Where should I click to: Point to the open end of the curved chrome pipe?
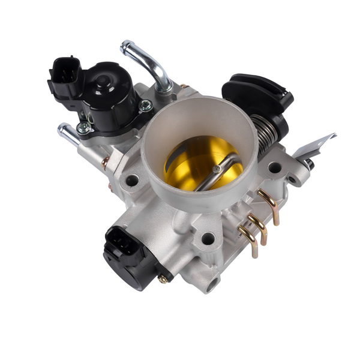pos(125,46)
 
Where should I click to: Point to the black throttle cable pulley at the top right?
pos(258,96)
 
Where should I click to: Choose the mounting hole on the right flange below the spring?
pos(274,167)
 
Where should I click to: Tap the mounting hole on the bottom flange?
pos(208,238)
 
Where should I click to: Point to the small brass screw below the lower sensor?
pos(162,279)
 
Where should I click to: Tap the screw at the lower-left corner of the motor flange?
pos(84,128)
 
